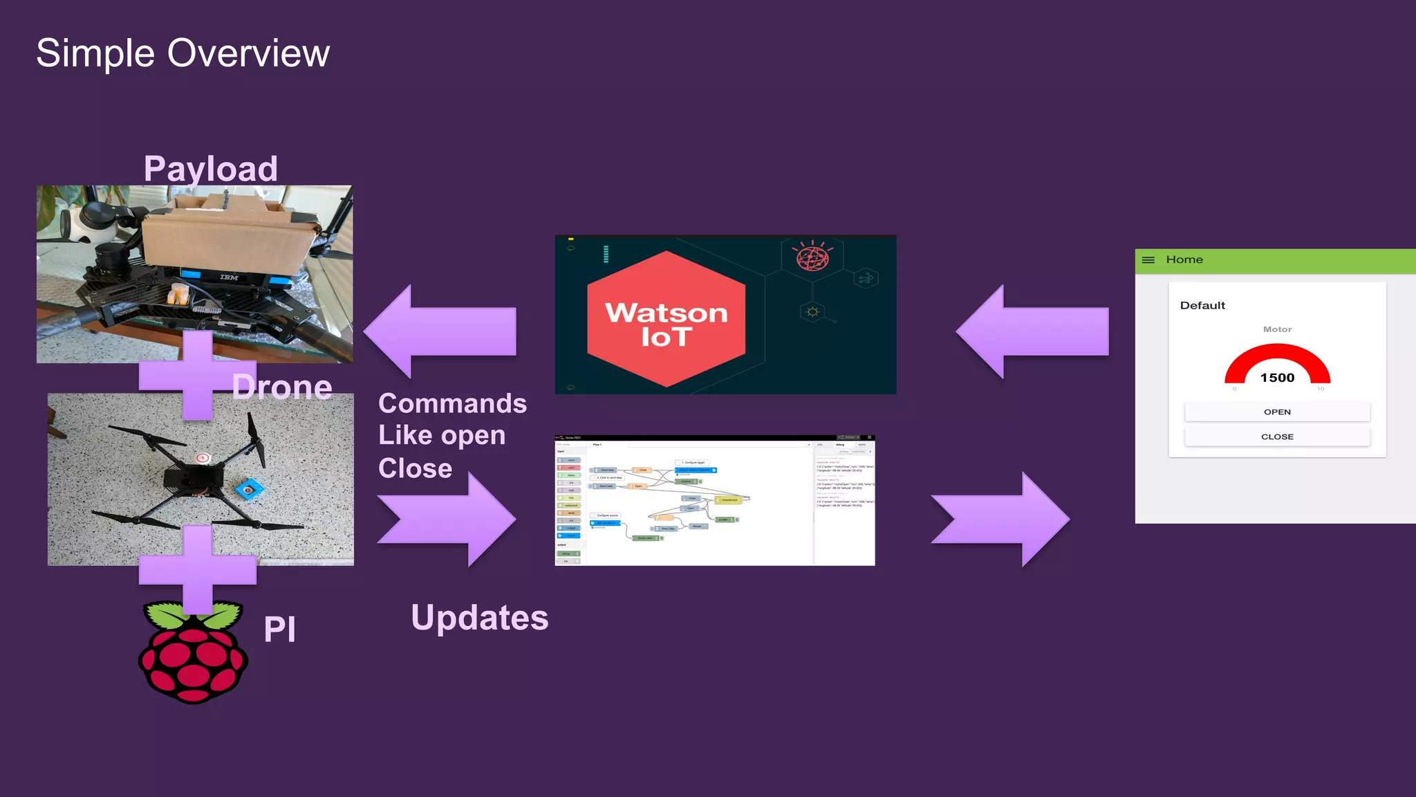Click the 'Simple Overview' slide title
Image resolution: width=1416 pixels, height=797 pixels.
[183, 53]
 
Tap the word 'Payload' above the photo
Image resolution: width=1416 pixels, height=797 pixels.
[210, 169]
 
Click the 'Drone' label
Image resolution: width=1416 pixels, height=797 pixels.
[282, 387]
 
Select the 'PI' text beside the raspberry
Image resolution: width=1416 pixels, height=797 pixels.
[279, 630]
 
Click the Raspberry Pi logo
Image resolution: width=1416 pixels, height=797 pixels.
[193, 654]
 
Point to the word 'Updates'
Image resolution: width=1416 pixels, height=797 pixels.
[479, 618]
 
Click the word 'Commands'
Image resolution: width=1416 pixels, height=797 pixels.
[452, 403]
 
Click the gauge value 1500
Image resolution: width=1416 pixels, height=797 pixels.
[1277, 378]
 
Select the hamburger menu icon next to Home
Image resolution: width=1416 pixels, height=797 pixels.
[1148, 260]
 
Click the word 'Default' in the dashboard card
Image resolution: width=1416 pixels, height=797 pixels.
[1202, 306]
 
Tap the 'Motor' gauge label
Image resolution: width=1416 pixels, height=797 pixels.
[1277, 329]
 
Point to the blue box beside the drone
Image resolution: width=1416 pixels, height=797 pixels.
[249, 490]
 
